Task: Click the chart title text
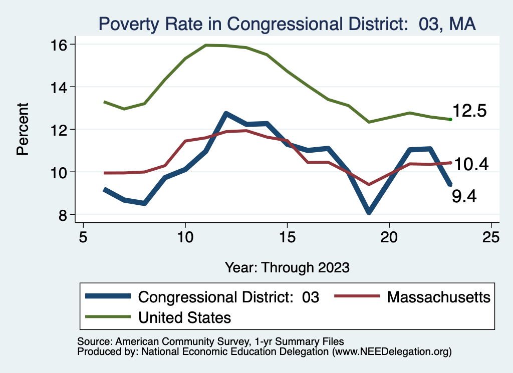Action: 287,24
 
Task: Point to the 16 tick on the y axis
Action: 60,45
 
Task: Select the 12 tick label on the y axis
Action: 60,130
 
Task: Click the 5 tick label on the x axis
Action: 83,237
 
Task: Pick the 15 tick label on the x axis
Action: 287,237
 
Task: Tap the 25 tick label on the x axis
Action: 491,237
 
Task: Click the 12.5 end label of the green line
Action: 469,111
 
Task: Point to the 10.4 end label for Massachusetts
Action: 471,164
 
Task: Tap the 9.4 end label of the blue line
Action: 464,197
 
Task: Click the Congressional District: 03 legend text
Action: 228,297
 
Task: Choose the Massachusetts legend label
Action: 439,297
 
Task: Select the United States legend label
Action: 184,317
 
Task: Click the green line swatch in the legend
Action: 108,317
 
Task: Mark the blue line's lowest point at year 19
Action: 369,212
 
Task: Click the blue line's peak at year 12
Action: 226,114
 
